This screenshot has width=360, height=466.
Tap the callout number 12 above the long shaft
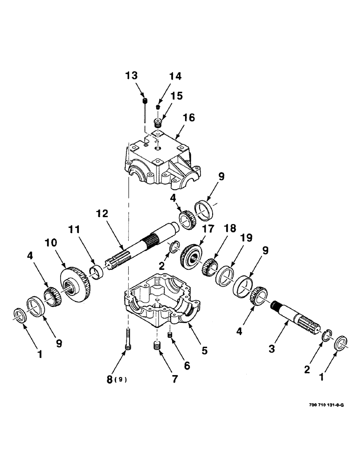click(103, 214)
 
